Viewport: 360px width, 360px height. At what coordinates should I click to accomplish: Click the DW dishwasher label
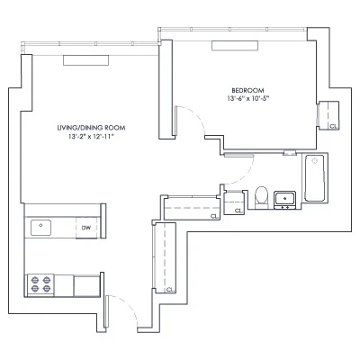click(87, 229)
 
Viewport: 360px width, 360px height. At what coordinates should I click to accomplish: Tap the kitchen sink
click(41, 228)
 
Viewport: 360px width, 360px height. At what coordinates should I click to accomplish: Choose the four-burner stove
click(40, 284)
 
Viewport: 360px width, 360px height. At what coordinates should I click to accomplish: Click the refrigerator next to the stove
click(87, 284)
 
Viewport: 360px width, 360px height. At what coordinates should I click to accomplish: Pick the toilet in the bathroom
click(262, 195)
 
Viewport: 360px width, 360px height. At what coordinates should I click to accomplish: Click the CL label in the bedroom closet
click(333, 127)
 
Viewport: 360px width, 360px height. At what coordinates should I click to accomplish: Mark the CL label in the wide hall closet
click(212, 217)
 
